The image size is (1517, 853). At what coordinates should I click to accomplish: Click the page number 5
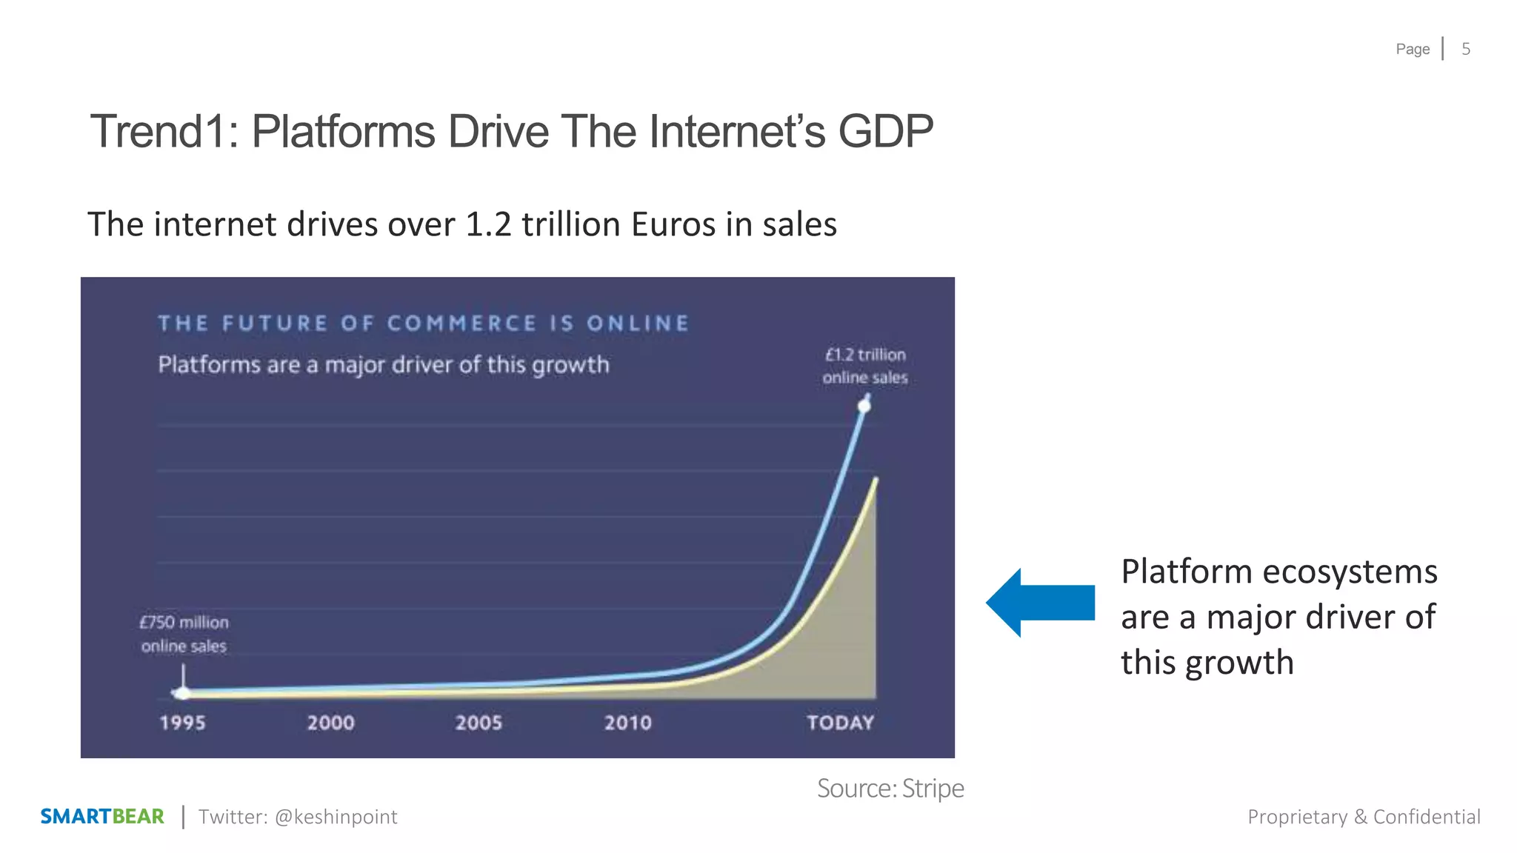pyautogui.click(x=1465, y=49)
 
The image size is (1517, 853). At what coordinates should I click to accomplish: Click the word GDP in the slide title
pyautogui.click(x=885, y=132)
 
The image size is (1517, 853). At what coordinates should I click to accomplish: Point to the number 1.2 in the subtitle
pyautogui.click(x=488, y=224)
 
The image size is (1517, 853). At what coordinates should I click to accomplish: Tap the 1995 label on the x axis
pyautogui.click(x=182, y=723)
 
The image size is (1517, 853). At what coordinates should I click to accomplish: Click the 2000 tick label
pyautogui.click(x=330, y=723)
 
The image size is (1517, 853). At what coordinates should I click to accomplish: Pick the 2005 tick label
pyautogui.click(x=479, y=723)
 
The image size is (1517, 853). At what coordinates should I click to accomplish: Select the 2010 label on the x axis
pyautogui.click(x=627, y=723)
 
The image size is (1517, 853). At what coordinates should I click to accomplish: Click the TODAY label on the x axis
pyautogui.click(x=840, y=723)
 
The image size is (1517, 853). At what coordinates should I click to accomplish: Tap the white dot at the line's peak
pyautogui.click(x=864, y=406)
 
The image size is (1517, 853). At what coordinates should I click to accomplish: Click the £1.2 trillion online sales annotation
pyautogui.click(x=864, y=366)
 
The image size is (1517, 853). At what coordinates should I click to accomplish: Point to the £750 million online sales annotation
pyautogui.click(x=184, y=634)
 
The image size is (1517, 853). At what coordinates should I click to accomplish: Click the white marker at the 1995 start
pyautogui.click(x=182, y=693)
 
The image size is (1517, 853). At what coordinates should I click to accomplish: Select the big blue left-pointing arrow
pyautogui.click(x=1040, y=603)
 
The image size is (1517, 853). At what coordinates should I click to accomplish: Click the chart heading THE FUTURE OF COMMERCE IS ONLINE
pyautogui.click(x=423, y=324)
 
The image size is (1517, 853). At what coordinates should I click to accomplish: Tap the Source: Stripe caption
pyautogui.click(x=890, y=788)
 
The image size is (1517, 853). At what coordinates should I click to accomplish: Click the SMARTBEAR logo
pyautogui.click(x=101, y=817)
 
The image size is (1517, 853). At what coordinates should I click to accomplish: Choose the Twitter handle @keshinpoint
pyautogui.click(x=336, y=817)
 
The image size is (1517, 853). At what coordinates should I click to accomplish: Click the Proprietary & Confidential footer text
pyautogui.click(x=1364, y=817)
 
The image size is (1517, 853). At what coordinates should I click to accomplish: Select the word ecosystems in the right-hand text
pyautogui.click(x=1350, y=572)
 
